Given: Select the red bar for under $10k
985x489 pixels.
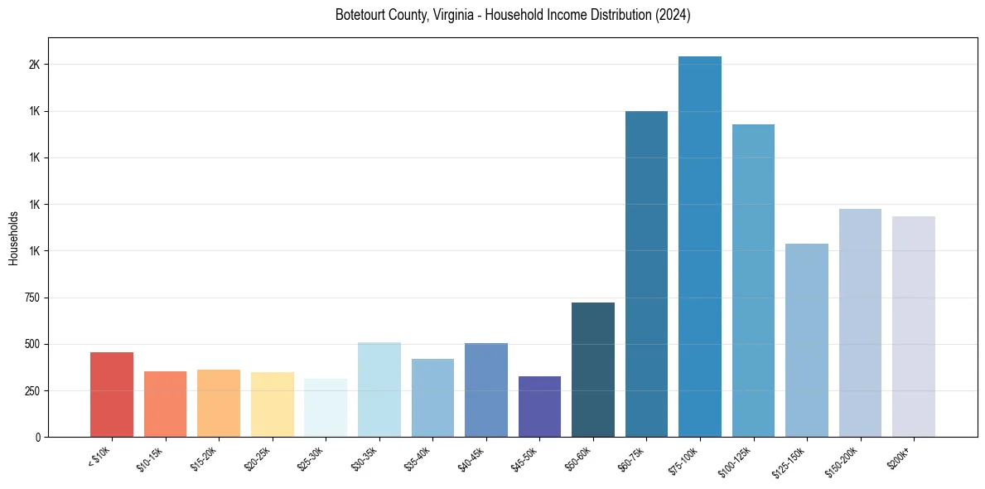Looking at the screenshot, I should coord(112,395).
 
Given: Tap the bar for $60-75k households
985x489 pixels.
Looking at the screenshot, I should coord(646,274).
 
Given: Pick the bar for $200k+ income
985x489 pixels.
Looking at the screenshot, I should coord(913,327).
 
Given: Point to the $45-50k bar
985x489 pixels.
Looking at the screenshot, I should coord(539,406).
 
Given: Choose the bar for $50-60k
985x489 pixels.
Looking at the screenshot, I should coord(593,370).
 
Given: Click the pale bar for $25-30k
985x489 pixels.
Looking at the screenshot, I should coord(326,408).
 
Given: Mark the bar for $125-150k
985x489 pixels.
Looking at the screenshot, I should coord(806,340).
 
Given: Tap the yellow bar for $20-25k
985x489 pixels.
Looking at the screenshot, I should coord(273,404).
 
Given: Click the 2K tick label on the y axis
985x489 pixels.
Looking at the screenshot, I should coord(34,65).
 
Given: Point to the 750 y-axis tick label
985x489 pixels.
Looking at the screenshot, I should coord(31,298).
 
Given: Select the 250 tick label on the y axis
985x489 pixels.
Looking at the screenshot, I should coord(31,390).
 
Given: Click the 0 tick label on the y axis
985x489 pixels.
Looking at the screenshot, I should coord(37,437).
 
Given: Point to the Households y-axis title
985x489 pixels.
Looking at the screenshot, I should coord(13,238).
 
